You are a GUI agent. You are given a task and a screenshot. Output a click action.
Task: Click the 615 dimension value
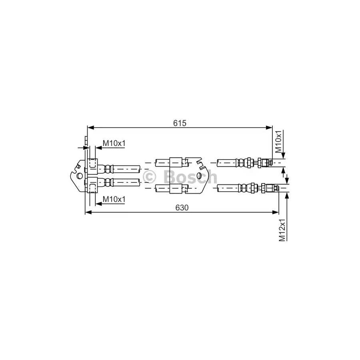click(x=180, y=123)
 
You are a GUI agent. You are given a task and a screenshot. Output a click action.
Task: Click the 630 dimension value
click(x=182, y=208)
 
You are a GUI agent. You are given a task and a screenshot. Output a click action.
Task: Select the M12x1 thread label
click(x=282, y=230)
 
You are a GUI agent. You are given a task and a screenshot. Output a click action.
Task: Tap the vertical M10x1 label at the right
click(x=278, y=142)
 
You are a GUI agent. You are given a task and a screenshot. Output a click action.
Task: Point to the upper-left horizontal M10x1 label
click(x=114, y=143)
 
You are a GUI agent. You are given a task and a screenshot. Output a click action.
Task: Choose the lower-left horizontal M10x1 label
click(x=114, y=199)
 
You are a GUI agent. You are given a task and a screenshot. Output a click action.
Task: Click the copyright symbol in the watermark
click(x=150, y=177)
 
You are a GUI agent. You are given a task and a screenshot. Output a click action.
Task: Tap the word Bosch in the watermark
click(x=190, y=177)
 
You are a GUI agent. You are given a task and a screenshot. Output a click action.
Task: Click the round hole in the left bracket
click(x=80, y=176)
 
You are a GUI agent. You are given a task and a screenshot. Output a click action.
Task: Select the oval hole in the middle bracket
click(x=200, y=176)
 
